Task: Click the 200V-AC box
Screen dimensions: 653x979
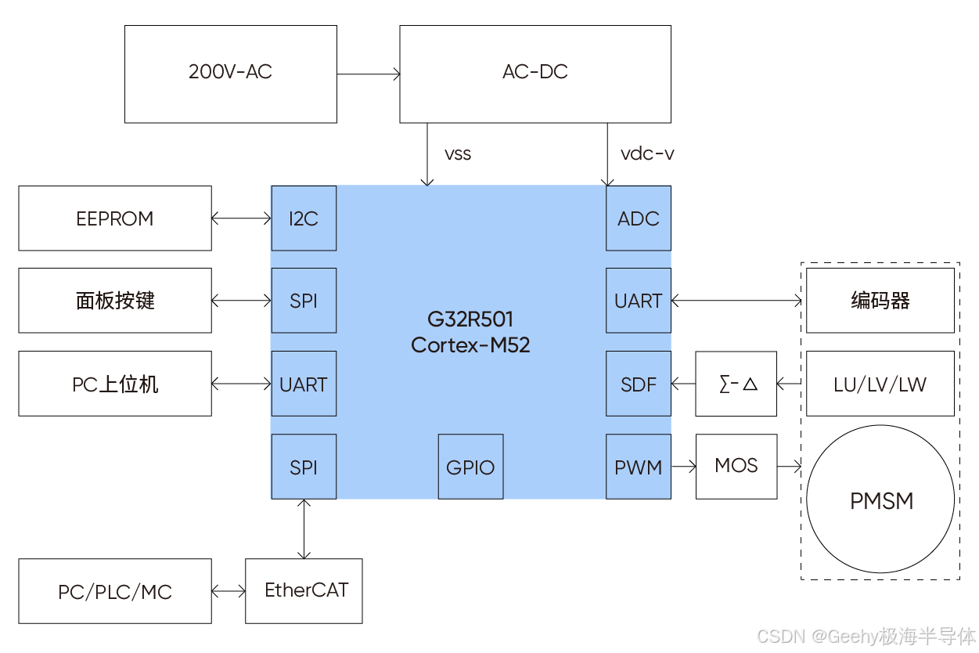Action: tap(231, 74)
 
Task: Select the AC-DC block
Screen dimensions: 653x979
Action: tap(535, 74)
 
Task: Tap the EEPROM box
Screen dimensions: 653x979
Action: tap(115, 218)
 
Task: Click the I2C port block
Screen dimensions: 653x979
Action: tap(304, 218)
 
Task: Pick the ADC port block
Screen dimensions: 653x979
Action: tap(639, 218)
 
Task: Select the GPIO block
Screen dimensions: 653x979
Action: tap(470, 467)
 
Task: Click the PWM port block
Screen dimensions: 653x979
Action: tap(639, 467)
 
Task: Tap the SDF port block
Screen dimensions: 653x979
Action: tap(639, 384)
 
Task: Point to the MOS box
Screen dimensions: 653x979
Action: tap(736, 467)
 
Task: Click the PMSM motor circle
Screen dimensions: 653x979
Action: tap(881, 501)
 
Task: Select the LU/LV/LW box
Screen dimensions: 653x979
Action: tap(880, 384)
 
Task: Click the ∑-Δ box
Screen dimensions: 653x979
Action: tap(736, 384)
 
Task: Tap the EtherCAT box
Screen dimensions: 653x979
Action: tap(304, 591)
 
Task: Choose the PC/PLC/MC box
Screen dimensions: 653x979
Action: tap(115, 592)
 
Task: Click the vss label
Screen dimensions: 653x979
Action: tap(458, 154)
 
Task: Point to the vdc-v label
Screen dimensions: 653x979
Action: tap(647, 153)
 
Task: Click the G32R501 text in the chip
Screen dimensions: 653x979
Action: tap(470, 319)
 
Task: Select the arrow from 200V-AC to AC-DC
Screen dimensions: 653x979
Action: tap(369, 74)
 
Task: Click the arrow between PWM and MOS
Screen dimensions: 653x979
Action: tap(684, 467)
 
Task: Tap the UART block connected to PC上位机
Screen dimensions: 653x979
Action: tap(304, 384)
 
